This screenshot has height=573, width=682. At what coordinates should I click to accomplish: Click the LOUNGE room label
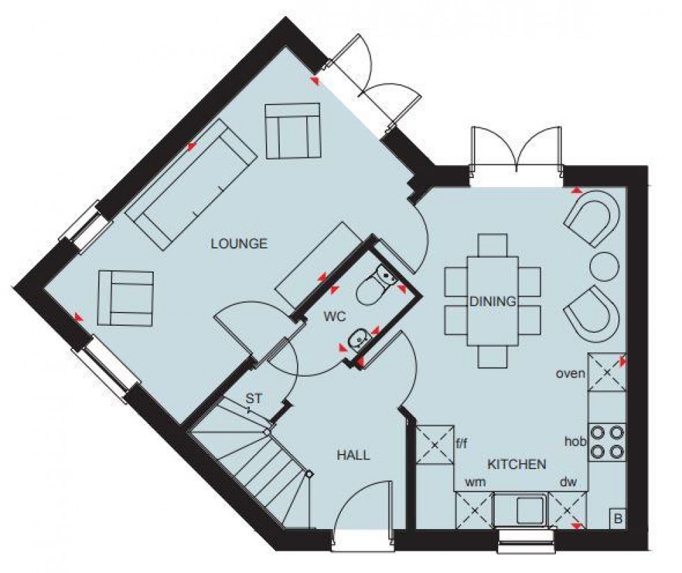(x=239, y=244)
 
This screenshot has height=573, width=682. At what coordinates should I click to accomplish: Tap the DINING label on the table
(x=493, y=302)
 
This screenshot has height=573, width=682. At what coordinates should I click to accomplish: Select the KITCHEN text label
(x=516, y=464)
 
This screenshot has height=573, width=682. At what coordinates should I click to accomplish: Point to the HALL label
(x=354, y=455)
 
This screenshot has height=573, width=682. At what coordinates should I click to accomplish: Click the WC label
(x=333, y=315)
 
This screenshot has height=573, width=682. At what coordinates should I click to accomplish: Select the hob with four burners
(x=607, y=441)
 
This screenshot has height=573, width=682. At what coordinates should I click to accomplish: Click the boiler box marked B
(x=617, y=517)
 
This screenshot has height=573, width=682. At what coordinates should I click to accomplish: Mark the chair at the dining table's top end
(x=493, y=245)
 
